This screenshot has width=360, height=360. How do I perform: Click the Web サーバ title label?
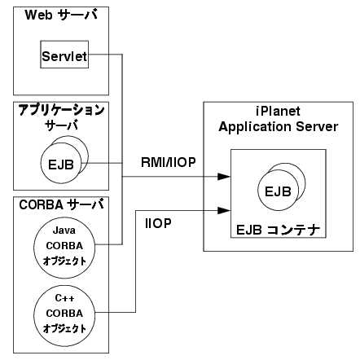(61, 15)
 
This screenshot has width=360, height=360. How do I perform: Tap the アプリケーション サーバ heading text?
(61, 117)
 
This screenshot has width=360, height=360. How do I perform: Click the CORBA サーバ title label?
(61, 204)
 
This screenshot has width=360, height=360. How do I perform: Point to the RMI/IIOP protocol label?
(169, 162)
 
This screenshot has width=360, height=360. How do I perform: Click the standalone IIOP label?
(158, 223)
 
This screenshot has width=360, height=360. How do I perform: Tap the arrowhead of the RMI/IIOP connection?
(224, 177)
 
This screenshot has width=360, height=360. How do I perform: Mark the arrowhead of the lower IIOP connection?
(224, 210)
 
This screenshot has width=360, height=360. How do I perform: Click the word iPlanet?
(279, 112)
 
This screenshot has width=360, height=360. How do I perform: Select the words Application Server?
(279, 127)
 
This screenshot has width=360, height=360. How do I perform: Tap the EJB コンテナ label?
(279, 230)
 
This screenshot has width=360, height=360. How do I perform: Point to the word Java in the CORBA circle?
(64, 230)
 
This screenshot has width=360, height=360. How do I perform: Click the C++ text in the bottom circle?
(64, 298)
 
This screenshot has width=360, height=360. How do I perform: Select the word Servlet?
(64, 56)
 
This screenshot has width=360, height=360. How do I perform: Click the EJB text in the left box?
(61, 165)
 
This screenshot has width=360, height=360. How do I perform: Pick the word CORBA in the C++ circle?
(64, 314)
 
